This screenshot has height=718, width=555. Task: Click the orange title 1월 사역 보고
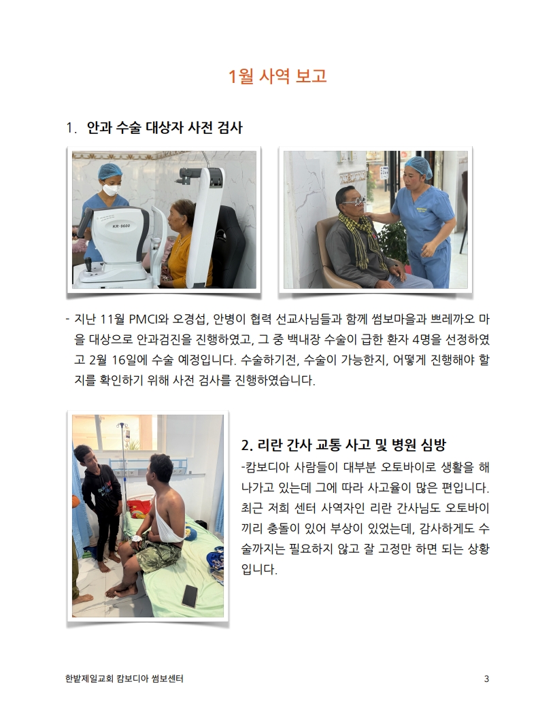point(277,76)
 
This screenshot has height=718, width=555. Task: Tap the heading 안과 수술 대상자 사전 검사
point(165,127)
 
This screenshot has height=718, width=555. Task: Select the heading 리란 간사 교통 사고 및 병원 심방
point(343,445)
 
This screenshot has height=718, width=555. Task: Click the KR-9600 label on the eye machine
point(121,226)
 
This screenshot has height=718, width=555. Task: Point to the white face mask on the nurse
point(112,188)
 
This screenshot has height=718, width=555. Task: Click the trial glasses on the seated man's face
point(354,201)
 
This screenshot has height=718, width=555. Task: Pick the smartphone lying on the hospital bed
point(190,596)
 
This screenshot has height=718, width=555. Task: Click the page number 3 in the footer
point(486,679)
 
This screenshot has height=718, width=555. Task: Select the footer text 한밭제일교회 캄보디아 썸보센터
point(124,679)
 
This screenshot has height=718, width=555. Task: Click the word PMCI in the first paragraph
point(142,319)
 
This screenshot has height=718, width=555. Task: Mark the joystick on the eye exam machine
point(88,264)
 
